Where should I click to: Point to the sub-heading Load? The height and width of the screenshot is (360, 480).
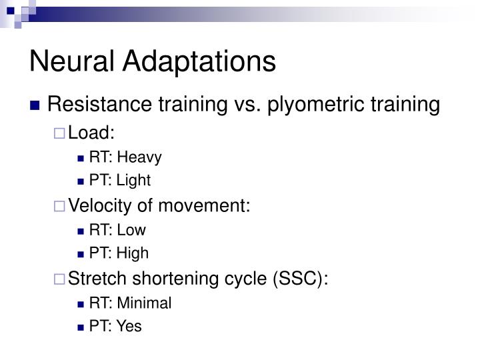[x=92, y=133]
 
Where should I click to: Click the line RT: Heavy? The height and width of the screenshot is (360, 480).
[x=125, y=157]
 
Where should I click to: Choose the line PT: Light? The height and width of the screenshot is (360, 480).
[x=119, y=180]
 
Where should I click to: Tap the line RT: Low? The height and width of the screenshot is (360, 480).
[x=117, y=230]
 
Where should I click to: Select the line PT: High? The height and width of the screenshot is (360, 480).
[x=119, y=253]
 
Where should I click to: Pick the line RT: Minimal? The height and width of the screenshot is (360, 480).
[x=130, y=303]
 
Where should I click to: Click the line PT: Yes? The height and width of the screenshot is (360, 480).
[x=115, y=327]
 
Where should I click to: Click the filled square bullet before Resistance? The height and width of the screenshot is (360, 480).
[x=37, y=106]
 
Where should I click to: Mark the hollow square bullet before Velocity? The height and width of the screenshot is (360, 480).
[x=60, y=207]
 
